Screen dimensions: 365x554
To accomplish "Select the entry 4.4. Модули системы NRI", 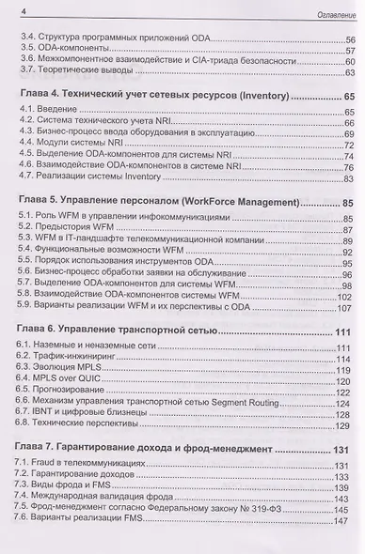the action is [76, 145].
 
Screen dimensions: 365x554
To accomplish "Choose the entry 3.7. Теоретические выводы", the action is [80, 72].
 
